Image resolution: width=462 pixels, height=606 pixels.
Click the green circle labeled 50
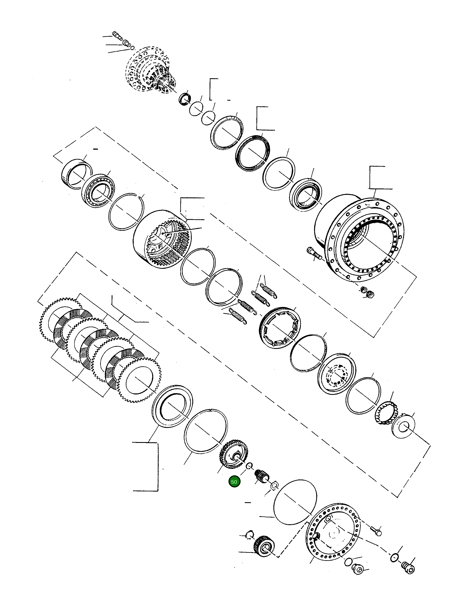coord(234,482)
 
